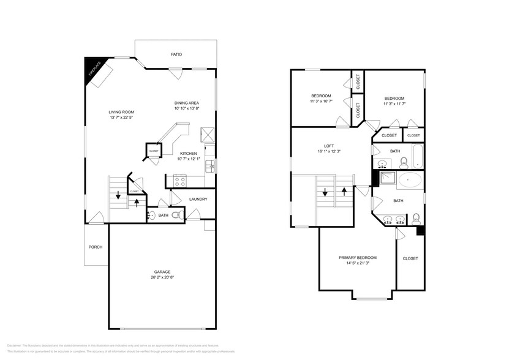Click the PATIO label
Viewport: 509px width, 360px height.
point(176,54)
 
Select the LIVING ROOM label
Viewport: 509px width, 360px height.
point(121,112)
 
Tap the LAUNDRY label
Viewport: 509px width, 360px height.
point(198,199)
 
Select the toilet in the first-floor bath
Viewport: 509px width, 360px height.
point(176,215)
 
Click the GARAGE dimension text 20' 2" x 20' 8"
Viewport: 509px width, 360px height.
point(162,277)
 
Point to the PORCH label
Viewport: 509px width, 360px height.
point(95,247)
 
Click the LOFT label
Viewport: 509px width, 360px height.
point(328,146)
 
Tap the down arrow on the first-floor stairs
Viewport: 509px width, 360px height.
point(118,197)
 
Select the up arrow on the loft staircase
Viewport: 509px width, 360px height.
point(345,191)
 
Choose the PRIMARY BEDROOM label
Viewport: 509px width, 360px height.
point(358,258)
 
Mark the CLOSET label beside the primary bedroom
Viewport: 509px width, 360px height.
point(410,258)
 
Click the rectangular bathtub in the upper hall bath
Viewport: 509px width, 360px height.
point(418,157)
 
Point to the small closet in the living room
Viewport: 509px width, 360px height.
point(153,151)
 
